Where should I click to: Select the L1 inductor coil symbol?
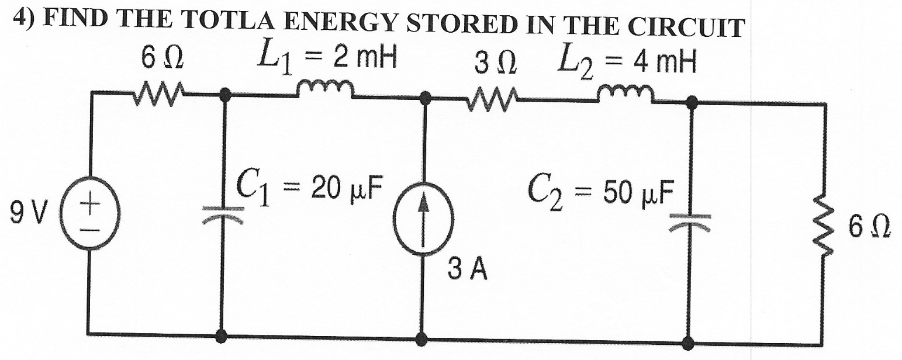click(x=324, y=89)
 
